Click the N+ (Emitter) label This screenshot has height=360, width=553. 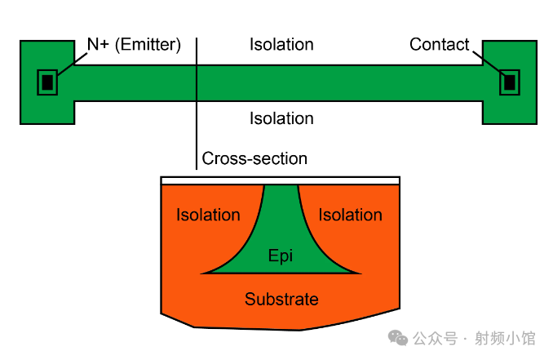tap(134, 45)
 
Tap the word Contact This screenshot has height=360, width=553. tap(439, 44)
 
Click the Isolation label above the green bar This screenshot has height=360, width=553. tap(281, 44)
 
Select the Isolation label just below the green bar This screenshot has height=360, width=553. tap(281, 118)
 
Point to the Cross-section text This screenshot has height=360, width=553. tap(254, 158)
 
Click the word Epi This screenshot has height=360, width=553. tap(281, 256)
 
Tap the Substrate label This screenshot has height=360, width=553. tap(281, 299)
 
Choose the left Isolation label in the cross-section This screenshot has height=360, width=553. tap(208, 215)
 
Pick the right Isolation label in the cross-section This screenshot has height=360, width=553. tap(350, 215)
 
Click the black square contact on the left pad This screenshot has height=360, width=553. tap(47, 82)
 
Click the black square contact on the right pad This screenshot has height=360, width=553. tap(510, 82)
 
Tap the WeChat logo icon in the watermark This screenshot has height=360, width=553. tap(398, 338)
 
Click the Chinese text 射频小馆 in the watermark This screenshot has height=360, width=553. tap(505, 338)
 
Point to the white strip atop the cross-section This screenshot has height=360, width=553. tap(280, 180)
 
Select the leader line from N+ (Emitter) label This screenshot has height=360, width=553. tap(73, 64)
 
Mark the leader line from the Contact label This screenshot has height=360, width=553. tap(489, 63)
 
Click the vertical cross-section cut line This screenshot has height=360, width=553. tap(197, 104)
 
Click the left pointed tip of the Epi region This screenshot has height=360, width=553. tap(201, 273)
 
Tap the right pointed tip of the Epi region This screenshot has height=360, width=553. tap(361, 273)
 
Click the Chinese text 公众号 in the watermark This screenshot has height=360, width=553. tap(436, 338)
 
